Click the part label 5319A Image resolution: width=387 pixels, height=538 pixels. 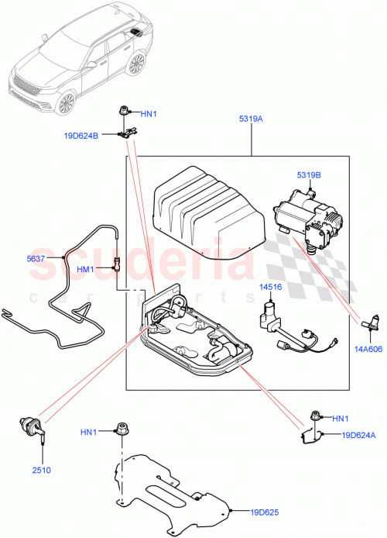pyautogui.click(x=251, y=120)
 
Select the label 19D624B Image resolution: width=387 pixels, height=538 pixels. pyautogui.click(x=81, y=136)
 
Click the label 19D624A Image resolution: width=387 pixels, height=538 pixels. pyautogui.click(x=351, y=436)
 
